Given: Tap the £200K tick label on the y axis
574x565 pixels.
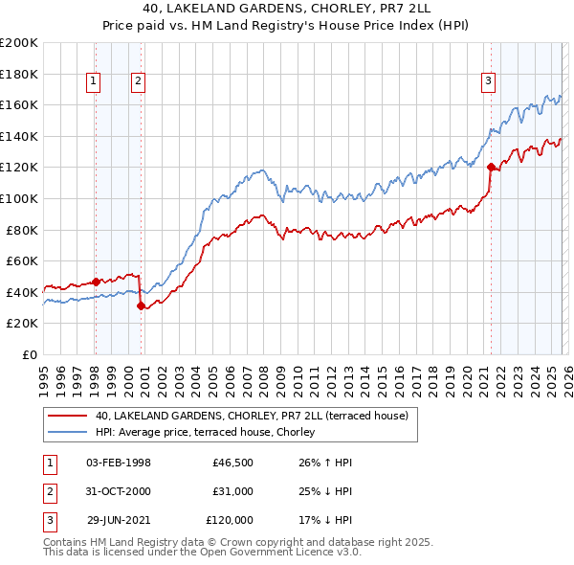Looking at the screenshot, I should click(19, 43).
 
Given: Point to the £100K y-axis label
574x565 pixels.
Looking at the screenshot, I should click(19, 198).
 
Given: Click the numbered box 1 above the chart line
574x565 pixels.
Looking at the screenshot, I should click(95, 82).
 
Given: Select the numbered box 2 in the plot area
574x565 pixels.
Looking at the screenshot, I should click(138, 82).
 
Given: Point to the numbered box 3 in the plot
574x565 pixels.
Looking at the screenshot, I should click(488, 82).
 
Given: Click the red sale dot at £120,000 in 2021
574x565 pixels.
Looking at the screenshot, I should click(491, 168).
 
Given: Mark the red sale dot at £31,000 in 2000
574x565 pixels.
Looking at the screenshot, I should click(142, 306).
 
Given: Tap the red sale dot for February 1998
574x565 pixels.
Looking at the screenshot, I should click(96, 282).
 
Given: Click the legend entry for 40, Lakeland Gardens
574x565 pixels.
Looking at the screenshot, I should click(252, 416).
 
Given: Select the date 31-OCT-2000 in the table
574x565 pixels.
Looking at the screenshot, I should click(119, 490).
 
